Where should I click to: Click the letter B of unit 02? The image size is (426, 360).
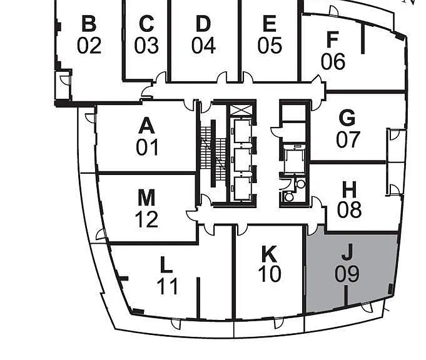click(89, 23)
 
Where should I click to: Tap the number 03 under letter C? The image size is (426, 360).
click(146, 46)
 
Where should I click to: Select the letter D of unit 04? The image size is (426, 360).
click(203, 23)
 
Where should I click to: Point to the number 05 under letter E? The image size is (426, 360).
click(270, 45)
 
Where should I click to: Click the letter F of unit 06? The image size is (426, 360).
click(333, 39)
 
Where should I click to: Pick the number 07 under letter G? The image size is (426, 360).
click(348, 140)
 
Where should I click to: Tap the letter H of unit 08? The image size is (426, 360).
click(349, 189)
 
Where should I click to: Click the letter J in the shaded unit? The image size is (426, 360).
click(347, 252)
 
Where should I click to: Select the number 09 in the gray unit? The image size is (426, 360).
click(347, 274)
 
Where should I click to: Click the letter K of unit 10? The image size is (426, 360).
click(269, 254)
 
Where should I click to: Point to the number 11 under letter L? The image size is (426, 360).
click(168, 286)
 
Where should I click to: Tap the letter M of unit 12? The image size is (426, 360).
click(146, 197)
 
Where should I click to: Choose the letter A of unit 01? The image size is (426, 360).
click(147, 126)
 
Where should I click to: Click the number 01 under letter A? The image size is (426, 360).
click(147, 147)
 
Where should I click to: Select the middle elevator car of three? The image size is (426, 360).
click(242, 160)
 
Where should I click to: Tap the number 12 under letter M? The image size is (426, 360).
click(146, 219)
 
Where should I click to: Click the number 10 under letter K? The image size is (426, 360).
click(270, 274)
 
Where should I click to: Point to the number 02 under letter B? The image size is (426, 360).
click(89, 46)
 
